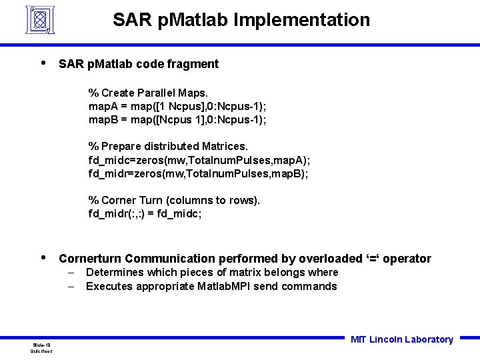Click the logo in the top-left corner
point(40,19)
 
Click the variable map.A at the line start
point(103,106)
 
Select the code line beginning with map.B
point(177,119)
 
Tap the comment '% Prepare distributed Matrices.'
point(168,146)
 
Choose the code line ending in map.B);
point(198,173)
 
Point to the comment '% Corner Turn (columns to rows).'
point(174,200)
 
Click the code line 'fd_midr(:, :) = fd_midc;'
point(145,213)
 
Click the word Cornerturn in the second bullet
point(90,259)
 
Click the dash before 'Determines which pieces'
point(71,273)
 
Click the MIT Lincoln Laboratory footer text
point(401,339)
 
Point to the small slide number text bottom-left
point(41,347)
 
